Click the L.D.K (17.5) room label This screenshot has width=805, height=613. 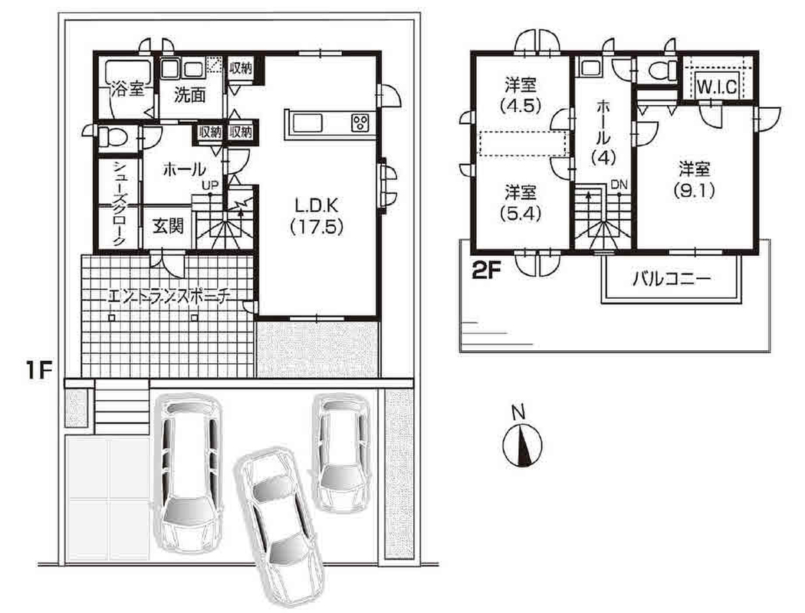coord(316,216)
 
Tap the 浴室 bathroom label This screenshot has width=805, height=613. coord(127,91)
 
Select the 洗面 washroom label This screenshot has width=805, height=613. coord(189,96)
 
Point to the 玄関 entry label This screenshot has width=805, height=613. coord(169,226)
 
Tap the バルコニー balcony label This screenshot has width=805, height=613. coord(672,279)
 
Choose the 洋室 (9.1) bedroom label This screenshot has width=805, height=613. coord(694,179)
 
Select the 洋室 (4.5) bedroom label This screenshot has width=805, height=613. coord(520,95)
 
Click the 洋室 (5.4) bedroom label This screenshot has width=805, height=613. coord(520,203)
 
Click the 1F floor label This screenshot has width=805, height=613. coord(40,371)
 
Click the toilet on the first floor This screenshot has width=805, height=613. coord(112,137)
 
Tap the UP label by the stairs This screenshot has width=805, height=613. coord(210,185)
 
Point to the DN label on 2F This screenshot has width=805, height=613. coord(619,185)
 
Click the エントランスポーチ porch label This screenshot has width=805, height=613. coord(169,297)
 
